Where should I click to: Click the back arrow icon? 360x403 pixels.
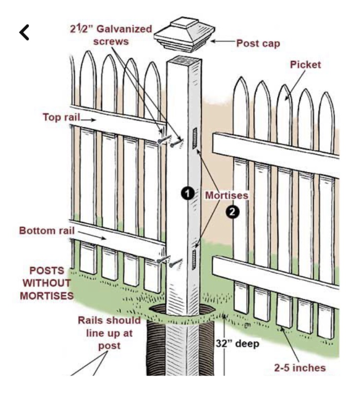tap(25, 32)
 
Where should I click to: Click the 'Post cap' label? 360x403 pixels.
tap(258, 43)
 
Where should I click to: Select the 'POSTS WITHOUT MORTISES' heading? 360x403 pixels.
tap(47, 282)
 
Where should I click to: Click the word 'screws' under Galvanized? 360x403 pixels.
tap(112, 42)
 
